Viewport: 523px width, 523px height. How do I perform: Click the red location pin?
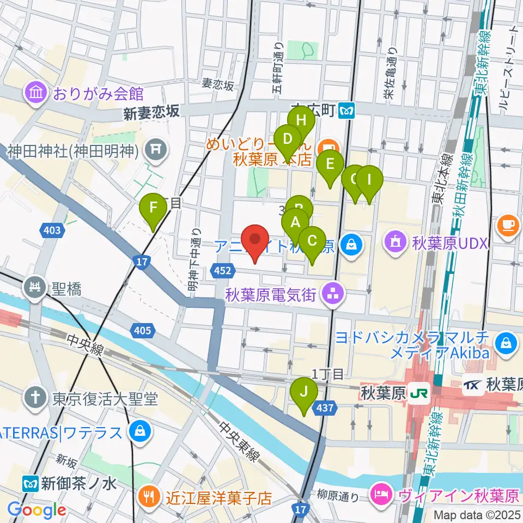click(254, 244)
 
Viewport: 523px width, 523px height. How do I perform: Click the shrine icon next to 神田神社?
click(155, 148)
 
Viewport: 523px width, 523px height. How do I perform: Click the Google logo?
click(37, 510)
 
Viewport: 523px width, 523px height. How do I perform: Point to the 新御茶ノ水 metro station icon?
click(30, 483)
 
